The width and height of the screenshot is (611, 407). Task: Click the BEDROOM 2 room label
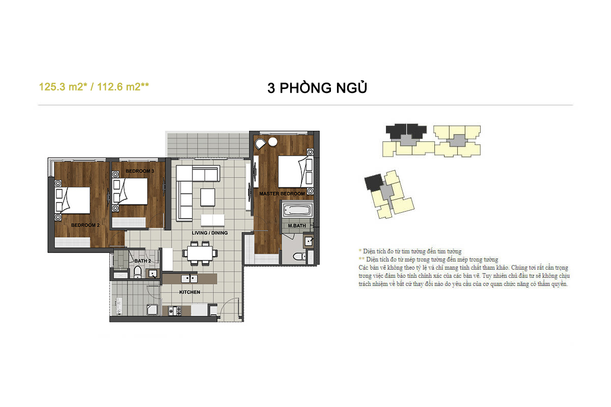pos(85,225)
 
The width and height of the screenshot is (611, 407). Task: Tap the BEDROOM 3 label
pos(140,171)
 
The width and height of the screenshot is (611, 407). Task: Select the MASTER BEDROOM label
pos(282,193)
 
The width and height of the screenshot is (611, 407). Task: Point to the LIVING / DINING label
pos(209,233)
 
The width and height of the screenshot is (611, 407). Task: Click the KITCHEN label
pos(189,292)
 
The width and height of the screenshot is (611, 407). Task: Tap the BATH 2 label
pos(143,261)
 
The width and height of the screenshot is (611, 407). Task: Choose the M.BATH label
pos(297,226)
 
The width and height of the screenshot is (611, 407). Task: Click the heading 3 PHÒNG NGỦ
pos(317,88)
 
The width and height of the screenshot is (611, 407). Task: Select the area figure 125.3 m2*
pos(63,87)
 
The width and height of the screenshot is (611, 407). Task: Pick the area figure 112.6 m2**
pos(123,87)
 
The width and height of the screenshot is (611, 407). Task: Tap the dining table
pos(200,253)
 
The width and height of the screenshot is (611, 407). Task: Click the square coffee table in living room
pos(208,197)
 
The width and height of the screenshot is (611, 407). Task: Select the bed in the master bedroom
pos(295,171)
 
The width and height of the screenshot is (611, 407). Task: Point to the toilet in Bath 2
pos(137,272)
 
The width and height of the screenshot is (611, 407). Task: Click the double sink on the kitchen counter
pos(189,279)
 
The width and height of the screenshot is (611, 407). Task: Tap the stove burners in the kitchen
pos(175,311)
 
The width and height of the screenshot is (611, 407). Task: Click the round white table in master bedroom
pos(273,142)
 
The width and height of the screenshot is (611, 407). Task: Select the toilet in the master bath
pos(299,256)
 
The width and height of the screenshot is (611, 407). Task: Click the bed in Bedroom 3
pos(130,191)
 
